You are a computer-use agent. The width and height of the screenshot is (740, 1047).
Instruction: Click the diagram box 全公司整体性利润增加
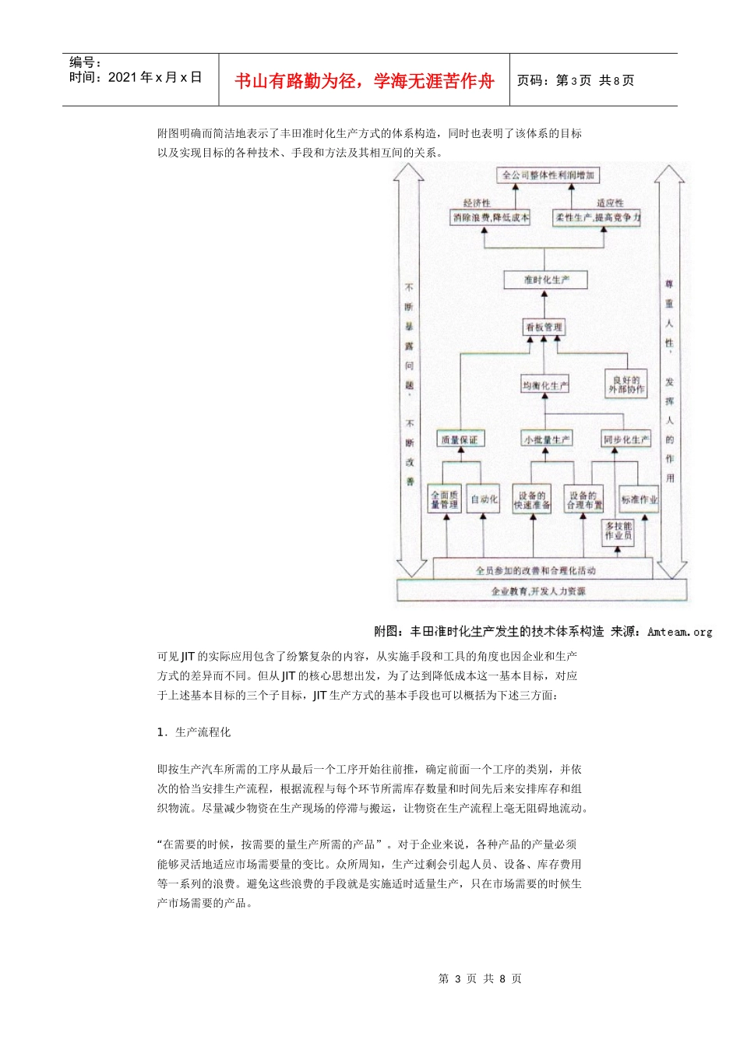(548, 175)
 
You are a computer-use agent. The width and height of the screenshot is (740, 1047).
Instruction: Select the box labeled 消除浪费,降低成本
(491, 217)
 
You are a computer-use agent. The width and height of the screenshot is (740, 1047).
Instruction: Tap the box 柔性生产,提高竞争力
(597, 217)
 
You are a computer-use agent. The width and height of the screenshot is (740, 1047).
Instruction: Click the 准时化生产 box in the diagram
(545, 280)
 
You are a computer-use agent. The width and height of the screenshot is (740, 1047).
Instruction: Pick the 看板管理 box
(544, 327)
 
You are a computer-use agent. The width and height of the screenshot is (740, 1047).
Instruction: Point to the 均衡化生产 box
(545, 385)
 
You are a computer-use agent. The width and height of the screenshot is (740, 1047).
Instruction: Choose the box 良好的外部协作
(626, 385)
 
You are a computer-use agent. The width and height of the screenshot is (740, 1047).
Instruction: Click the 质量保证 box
(460, 439)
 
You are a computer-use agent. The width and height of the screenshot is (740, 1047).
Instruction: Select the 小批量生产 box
(546, 439)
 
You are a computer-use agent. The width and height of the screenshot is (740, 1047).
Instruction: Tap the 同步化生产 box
(625, 439)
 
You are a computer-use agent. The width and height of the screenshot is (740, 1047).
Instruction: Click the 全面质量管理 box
(445, 499)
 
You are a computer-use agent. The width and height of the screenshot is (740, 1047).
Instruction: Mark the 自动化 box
(484, 499)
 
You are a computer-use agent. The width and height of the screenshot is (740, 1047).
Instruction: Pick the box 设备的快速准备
(532, 500)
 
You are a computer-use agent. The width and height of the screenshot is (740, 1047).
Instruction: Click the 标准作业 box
(639, 499)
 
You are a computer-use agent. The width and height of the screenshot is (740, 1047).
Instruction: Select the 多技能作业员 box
(618, 531)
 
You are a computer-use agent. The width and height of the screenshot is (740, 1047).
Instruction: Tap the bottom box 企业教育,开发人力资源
(538, 591)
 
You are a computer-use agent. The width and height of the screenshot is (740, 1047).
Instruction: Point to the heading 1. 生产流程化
(194, 732)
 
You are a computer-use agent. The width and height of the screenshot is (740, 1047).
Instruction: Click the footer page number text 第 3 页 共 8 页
(480, 978)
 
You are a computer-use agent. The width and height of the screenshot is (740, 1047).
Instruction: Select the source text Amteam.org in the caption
(679, 632)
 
